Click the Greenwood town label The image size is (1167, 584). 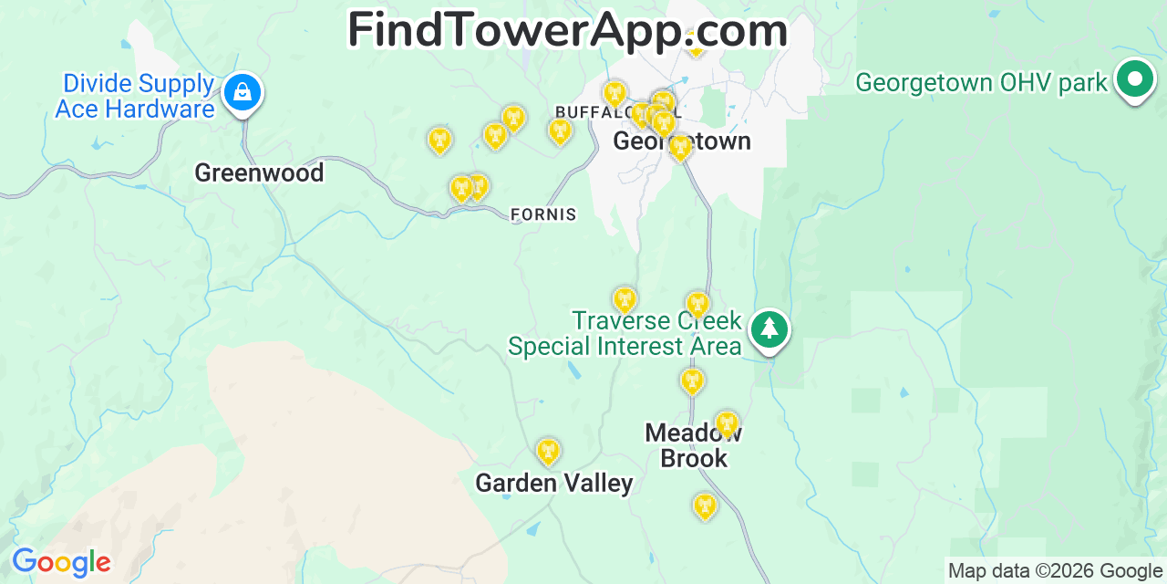coord(259,172)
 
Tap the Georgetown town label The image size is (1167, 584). coord(682,141)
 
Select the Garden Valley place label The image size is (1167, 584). coord(553,483)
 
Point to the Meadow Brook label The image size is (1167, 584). coord(694,445)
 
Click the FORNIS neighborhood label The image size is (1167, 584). coord(543,214)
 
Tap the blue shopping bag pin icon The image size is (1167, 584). coord(243,92)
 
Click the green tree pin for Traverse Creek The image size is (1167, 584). coord(769,328)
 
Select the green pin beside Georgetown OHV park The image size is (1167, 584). coord(1134,79)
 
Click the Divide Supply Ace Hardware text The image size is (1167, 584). coord(135,97)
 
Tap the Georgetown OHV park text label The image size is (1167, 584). coord(981,83)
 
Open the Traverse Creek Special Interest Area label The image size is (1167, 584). coord(625,334)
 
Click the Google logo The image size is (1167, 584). coord(60,562)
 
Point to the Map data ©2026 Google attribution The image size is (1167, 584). coord(1055,571)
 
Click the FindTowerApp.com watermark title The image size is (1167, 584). coord(567,29)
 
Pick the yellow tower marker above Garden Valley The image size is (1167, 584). coord(547,451)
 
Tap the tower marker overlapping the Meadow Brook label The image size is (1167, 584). coord(726,423)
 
